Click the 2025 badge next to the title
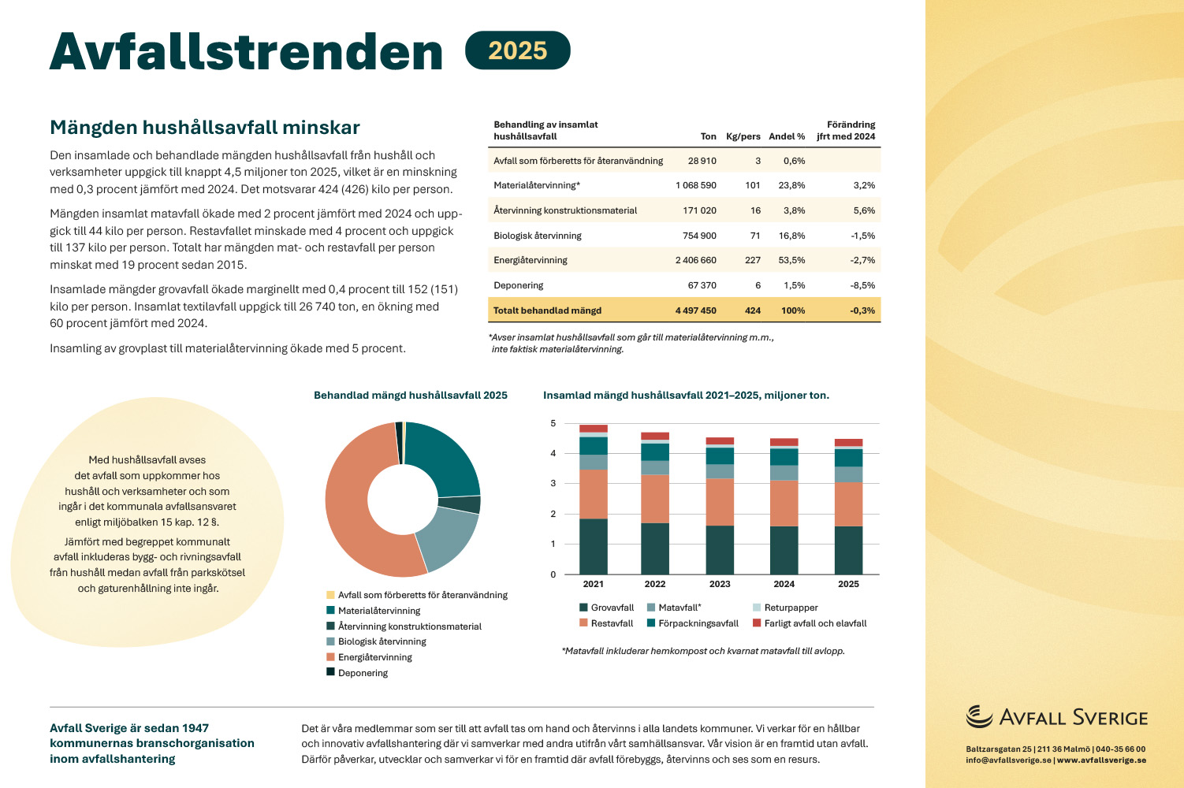pyautogui.click(x=517, y=50)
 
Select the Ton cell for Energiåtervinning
pyautogui.click(x=695, y=260)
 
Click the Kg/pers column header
pyautogui.click(x=743, y=136)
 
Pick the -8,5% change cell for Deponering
pyautogui.click(x=862, y=285)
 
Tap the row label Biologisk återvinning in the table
pyautogui.click(x=538, y=236)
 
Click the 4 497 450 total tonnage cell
pyautogui.click(x=695, y=310)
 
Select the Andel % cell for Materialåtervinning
pyautogui.click(x=791, y=185)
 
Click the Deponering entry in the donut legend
pyautogui.click(x=357, y=673)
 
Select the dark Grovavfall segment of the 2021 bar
pyautogui.click(x=594, y=546)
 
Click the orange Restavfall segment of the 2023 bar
pyautogui.click(x=720, y=502)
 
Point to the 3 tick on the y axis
pyautogui.click(x=553, y=483)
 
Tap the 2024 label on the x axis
pyautogui.click(x=784, y=584)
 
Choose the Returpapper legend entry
pyautogui.click(x=785, y=608)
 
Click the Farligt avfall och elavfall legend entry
pyautogui.click(x=810, y=623)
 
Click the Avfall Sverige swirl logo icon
pyautogui.click(x=979, y=716)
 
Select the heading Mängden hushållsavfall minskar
pyautogui.click(x=204, y=128)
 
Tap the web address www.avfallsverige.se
pyautogui.click(x=1101, y=760)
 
